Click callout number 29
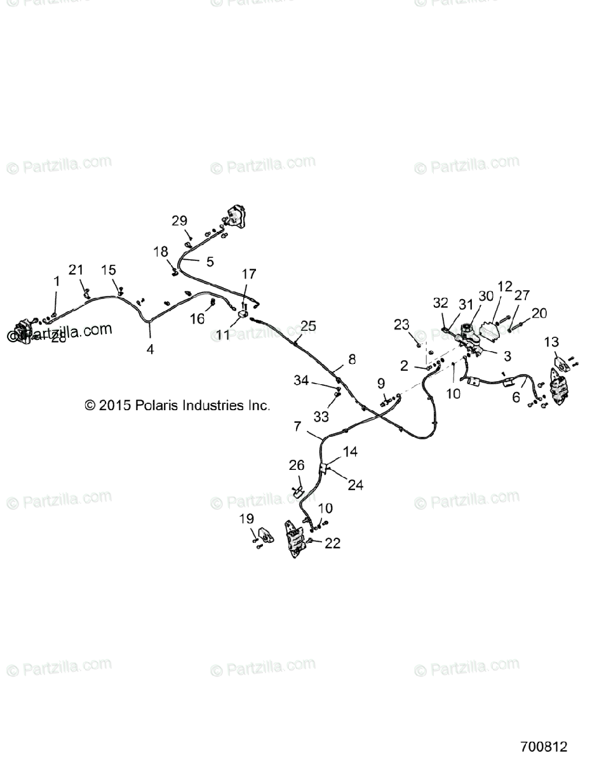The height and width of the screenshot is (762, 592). tap(180, 220)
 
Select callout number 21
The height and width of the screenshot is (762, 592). tap(76, 270)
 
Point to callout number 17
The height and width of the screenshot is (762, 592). tap(249, 274)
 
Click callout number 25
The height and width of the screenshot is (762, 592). tap(308, 326)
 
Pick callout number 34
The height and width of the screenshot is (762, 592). tap(301, 380)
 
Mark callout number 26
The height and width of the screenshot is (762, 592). tap(297, 465)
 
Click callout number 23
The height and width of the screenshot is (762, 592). tap(401, 324)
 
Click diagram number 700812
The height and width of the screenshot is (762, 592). tap(544, 747)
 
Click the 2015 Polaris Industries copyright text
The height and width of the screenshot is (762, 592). tap(177, 404)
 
